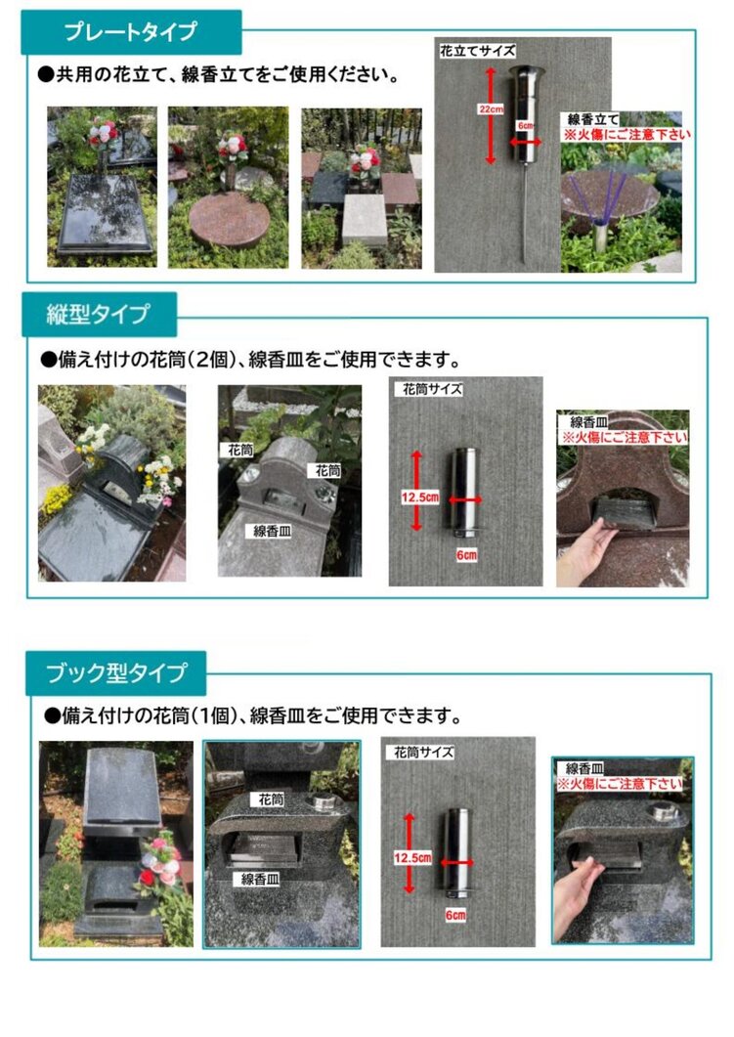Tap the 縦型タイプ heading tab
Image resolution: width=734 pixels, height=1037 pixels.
[99, 315]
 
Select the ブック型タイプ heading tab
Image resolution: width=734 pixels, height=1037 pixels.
[115, 673]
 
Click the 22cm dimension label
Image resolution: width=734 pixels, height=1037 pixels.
[486, 110]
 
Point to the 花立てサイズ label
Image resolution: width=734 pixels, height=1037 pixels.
[477, 50]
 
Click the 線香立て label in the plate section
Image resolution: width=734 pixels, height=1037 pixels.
[591, 119]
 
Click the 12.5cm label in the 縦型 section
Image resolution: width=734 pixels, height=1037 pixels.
[418, 497]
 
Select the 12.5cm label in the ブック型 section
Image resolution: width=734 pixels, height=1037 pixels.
[411, 856]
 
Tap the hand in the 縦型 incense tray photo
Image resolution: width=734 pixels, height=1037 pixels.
[587, 553]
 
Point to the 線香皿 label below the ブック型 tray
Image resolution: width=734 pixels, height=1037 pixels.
[261, 880]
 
